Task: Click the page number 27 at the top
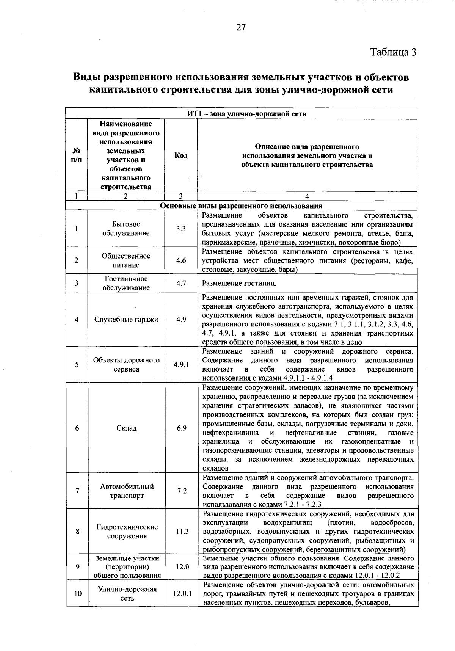pyautogui.click(x=241, y=27)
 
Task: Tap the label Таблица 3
pyautogui.click(x=393, y=52)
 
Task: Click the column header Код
pyautogui.click(x=181, y=155)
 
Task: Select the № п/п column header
pyautogui.click(x=76, y=155)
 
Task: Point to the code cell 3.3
pyautogui.click(x=181, y=229)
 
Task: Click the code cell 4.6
pyautogui.click(x=181, y=260)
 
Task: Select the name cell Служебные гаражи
pyautogui.click(x=126, y=319)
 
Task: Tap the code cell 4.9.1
pyautogui.click(x=181, y=364)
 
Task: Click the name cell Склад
pyautogui.click(x=126, y=428)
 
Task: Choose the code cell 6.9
pyautogui.click(x=181, y=428)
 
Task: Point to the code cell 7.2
pyautogui.click(x=182, y=491)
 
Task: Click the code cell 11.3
pyautogui.click(x=182, y=532)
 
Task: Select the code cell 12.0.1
pyautogui.click(x=182, y=593)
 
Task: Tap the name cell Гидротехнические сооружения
pyautogui.click(x=127, y=532)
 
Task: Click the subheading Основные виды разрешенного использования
pyautogui.click(x=241, y=206)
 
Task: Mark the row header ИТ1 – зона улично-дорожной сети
pyautogui.click(x=241, y=114)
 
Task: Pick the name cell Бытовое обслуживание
pyautogui.click(x=126, y=229)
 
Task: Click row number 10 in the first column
pyautogui.click(x=78, y=593)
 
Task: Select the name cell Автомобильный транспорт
pyautogui.click(x=127, y=491)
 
